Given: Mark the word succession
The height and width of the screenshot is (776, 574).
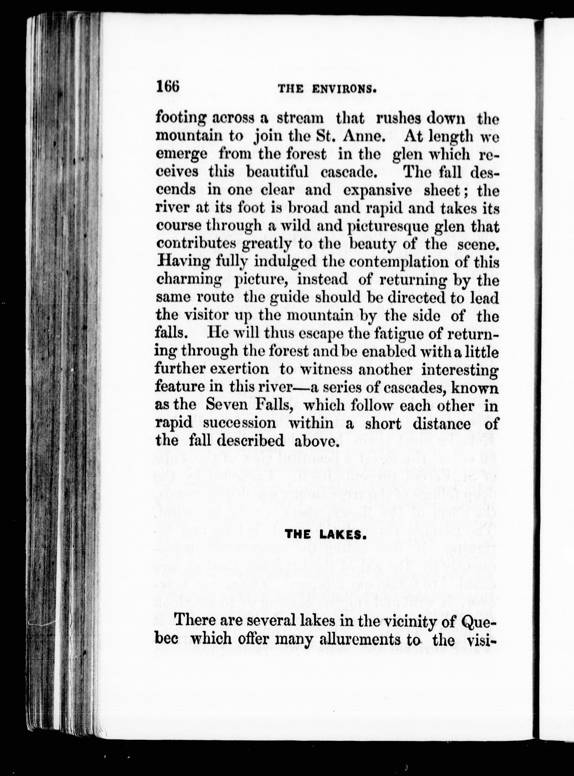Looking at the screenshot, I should pos(239,423).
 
